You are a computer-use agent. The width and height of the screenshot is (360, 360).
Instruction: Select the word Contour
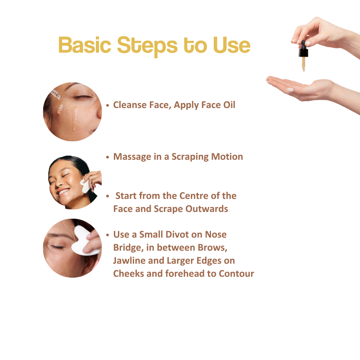click(x=237, y=274)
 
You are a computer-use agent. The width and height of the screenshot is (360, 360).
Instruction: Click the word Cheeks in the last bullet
click(x=128, y=274)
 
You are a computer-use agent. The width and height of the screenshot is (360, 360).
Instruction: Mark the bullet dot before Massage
click(x=108, y=157)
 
